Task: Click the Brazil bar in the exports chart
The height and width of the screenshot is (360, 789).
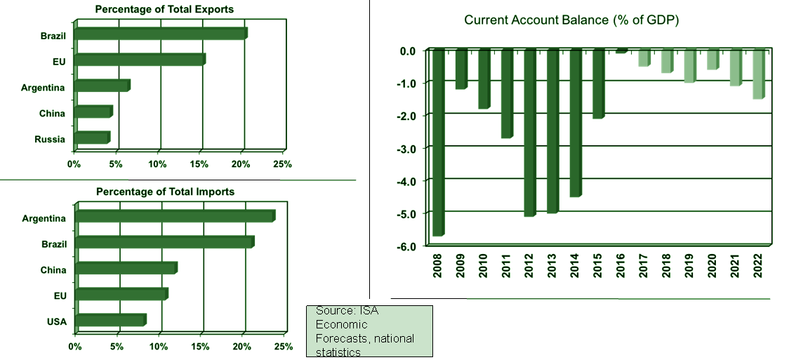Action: click(160, 33)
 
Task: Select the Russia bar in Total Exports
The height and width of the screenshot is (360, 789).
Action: click(91, 138)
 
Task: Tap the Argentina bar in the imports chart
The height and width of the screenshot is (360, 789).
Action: click(174, 215)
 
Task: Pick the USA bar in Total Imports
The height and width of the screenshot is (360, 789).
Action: click(110, 321)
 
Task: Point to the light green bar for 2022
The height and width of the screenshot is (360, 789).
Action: click(757, 74)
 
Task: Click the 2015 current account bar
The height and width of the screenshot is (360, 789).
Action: click(598, 84)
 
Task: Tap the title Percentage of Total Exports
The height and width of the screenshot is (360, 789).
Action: click(165, 9)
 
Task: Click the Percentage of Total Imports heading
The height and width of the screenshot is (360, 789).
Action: click(165, 192)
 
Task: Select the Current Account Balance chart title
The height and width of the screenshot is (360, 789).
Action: click(571, 20)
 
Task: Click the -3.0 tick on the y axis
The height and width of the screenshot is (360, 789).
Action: click(407, 148)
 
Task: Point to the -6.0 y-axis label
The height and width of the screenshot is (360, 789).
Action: click(407, 246)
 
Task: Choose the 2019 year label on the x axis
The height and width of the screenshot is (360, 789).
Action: click(689, 265)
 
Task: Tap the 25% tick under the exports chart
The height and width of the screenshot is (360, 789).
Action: click(282, 164)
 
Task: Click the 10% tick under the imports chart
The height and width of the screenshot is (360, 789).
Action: click(159, 347)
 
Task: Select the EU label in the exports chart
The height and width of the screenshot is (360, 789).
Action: click(59, 62)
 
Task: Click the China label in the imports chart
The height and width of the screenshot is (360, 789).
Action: click(53, 270)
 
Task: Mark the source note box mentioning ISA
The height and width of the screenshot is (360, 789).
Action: click(369, 331)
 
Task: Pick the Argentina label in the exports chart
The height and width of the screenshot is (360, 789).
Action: click(43, 88)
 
